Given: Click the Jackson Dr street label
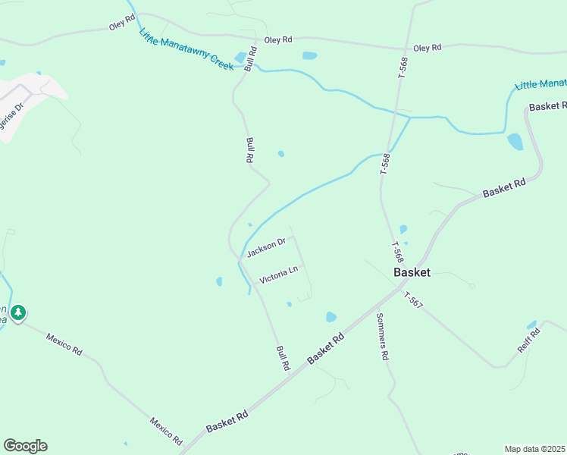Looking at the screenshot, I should pyautogui.click(x=265, y=247).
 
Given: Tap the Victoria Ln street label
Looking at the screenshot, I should pyautogui.click(x=278, y=275).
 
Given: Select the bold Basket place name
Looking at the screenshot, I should pyautogui.click(x=412, y=271).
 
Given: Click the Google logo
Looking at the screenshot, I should pyautogui.click(x=25, y=446).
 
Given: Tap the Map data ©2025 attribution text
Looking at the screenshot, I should pyautogui.click(x=534, y=449).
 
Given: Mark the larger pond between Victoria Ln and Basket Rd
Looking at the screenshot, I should pyautogui.click(x=330, y=317).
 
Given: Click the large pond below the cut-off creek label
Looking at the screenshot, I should pyautogui.click(x=515, y=142).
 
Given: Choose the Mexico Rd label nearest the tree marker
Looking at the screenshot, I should pyautogui.click(x=64, y=344).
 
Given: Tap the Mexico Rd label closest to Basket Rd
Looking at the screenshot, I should pyautogui.click(x=166, y=430).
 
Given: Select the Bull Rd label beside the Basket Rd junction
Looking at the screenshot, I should pyautogui.click(x=283, y=358).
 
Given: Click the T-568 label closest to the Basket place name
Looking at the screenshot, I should pyautogui.click(x=397, y=251).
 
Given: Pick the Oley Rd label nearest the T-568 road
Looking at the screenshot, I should pyautogui.click(x=428, y=48).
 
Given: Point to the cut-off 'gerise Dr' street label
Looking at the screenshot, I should pyautogui.click(x=13, y=107).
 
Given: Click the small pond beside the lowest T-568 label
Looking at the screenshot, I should pyautogui.click(x=403, y=229).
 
